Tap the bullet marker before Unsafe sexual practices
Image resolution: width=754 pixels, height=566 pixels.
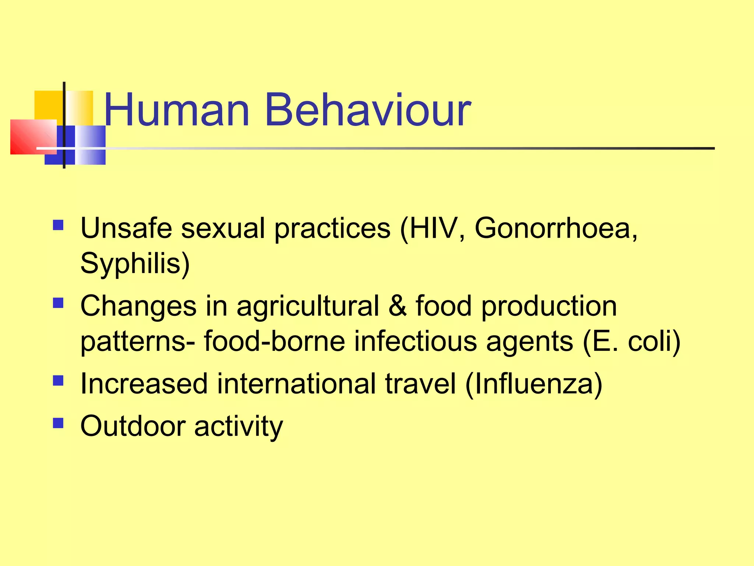tap(58, 225)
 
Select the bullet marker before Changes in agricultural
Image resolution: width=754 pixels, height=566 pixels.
tap(58, 303)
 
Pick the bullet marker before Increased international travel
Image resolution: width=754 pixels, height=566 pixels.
tap(58, 380)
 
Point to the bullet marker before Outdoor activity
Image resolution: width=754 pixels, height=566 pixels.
tap(58, 423)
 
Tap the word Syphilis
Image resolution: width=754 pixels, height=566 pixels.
tap(135, 264)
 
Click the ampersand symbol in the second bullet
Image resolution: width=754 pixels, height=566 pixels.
tap(397, 306)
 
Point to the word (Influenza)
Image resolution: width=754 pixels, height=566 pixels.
tap(533, 384)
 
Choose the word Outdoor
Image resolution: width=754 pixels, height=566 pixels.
tap(133, 426)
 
